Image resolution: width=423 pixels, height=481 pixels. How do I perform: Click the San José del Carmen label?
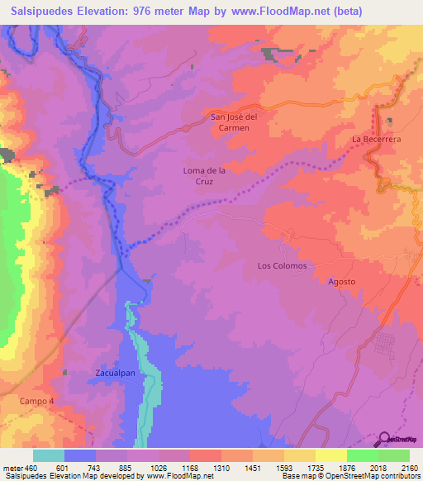click(x=235, y=122)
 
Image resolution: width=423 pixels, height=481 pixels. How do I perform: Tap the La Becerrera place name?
click(x=376, y=140)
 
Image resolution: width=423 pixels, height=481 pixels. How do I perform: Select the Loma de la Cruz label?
click(x=203, y=176)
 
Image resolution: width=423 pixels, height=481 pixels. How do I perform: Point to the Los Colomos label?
click(x=282, y=266)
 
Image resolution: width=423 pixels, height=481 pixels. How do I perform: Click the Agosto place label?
click(x=341, y=282)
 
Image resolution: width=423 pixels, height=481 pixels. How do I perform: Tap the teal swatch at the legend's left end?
click(x=49, y=455)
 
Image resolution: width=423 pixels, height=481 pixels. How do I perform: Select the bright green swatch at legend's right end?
click(x=394, y=455)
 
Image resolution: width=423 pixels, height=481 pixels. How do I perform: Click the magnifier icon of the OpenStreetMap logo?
click(x=384, y=438)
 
